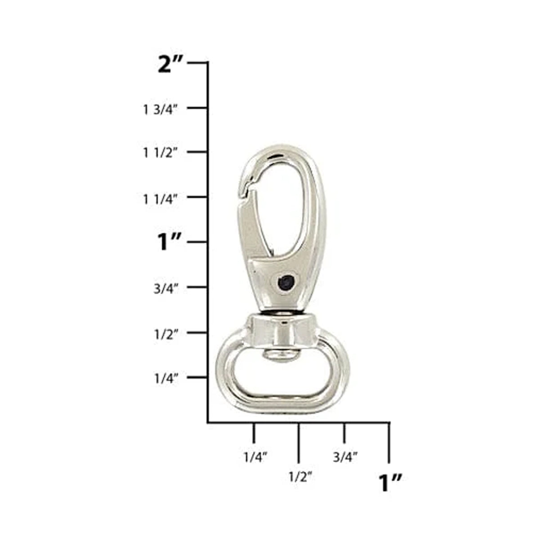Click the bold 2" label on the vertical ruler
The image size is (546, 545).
tap(170, 65)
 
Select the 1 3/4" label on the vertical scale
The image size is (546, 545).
tap(161, 109)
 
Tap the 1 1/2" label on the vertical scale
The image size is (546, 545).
tap(161, 153)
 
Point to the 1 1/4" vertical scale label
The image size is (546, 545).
tap(161, 199)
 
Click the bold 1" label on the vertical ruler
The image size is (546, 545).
tap(169, 243)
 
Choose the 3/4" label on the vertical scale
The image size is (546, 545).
tap(166, 288)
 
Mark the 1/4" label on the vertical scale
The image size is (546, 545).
tap(166, 378)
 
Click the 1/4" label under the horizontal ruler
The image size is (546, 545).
tap(255, 457)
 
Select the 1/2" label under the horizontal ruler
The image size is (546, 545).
tap(300, 477)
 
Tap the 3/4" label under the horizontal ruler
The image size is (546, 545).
tap(345, 457)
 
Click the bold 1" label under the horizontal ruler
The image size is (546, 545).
tap(389, 483)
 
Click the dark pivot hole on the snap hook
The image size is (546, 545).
tap(285, 282)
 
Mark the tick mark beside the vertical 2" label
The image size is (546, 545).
tap(197, 63)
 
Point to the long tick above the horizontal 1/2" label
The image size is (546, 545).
tap(299, 443)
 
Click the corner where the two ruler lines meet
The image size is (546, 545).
tap(208, 422)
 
